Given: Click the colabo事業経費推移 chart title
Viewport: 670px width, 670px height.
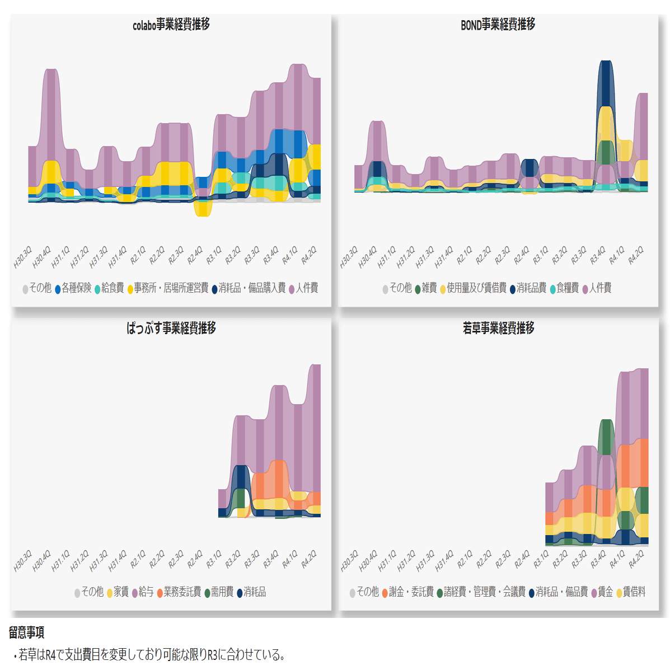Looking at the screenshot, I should point(171,25).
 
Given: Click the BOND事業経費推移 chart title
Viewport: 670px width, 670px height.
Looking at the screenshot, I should point(498,25).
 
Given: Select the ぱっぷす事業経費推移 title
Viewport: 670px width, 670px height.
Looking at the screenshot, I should point(171,328).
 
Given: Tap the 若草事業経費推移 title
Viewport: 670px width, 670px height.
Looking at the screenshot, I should point(498,328).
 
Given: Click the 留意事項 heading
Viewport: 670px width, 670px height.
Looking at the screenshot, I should point(26,633).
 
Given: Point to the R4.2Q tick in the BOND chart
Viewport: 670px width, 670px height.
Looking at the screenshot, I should point(636,256).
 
